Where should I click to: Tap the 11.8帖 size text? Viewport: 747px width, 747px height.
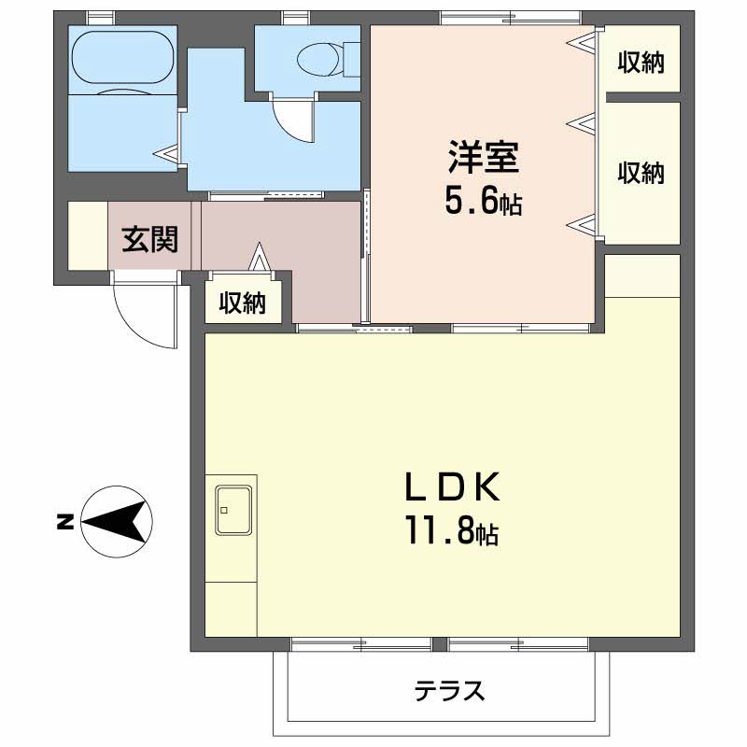[451, 532]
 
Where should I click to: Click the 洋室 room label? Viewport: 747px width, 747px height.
[483, 158]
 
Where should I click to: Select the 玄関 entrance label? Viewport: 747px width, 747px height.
[149, 240]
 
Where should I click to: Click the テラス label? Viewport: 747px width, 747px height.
[450, 692]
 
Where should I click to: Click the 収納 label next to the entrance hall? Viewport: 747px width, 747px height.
[243, 303]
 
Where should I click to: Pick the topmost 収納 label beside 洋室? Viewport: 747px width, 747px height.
[641, 63]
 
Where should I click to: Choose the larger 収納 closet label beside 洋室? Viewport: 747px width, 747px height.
[641, 173]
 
